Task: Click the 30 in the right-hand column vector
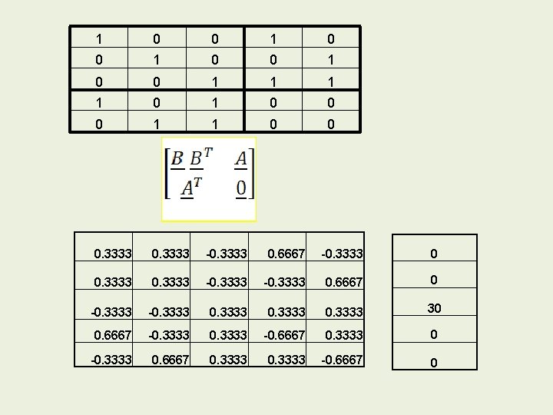click(x=434, y=307)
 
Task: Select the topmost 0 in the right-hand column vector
click(x=434, y=253)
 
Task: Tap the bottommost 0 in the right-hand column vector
click(x=434, y=362)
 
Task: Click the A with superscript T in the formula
click(x=191, y=188)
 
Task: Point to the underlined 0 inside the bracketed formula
click(x=240, y=188)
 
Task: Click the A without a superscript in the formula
click(x=241, y=159)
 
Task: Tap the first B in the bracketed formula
click(x=177, y=159)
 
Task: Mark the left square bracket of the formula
click(x=167, y=174)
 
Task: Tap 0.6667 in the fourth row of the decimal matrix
click(x=112, y=335)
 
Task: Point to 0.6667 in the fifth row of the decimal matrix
click(x=170, y=360)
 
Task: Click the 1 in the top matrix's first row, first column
click(x=98, y=38)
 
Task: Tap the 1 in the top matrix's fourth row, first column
click(x=98, y=101)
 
